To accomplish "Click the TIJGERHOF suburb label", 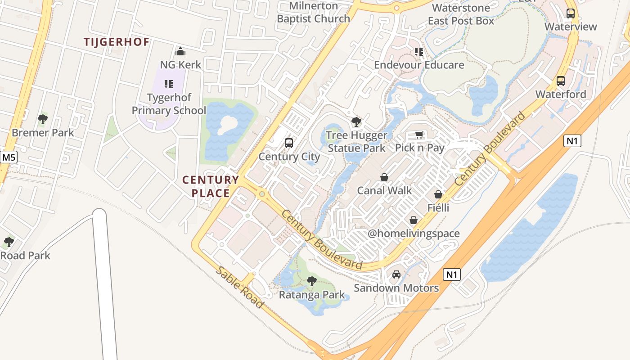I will pyautogui.click(x=117, y=42).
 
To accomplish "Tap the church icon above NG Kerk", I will pyautogui.click(x=180, y=51).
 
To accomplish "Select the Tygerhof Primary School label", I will pyautogui.click(x=169, y=104).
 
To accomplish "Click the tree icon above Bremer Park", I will pyautogui.click(x=43, y=119).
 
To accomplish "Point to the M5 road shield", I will pyautogui.click(x=8, y=157).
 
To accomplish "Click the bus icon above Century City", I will pyautogui.click(x=289, y=143).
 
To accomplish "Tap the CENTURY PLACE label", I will pyautogui.click(x=211, y=186).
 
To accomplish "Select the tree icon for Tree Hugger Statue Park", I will pyautogui.click(x=356, y=121).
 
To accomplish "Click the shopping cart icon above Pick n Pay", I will pyautogui.click(x=419, y=135).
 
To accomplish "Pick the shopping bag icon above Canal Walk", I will pyautogui.click(x=384, y=177).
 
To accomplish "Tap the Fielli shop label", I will pyautogui.click(x=438, y=208).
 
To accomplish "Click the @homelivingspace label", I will pyautogui.click(x=414, y=234).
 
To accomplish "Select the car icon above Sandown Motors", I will pyautogui.click(x=396, y=274).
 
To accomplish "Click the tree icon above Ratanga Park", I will pyautogui.click(x=311, y=281).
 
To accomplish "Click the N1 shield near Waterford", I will pyautogui.click(x=572, y=141).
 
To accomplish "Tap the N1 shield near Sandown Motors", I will pyautogui.click(x=452, y=274).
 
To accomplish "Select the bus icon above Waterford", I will pyautogui.click(x=561, y=81).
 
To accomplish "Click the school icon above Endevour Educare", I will pyautogui.click(x=419, y=52).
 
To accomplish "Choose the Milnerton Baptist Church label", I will pyautogui.click(x=313, y=12).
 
